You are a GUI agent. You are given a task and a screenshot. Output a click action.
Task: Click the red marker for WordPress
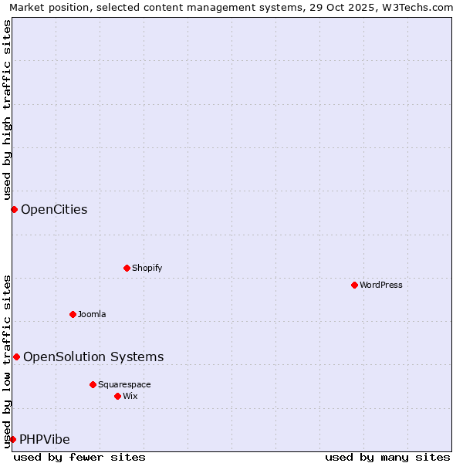coord(354,285)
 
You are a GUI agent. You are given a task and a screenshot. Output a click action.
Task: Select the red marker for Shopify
coord(127,268)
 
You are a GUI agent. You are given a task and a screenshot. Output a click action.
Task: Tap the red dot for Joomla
coord(73,314)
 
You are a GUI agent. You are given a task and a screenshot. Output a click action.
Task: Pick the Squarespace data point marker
coord(93,384)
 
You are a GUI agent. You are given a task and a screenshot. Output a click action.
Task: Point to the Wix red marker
coord(117,396)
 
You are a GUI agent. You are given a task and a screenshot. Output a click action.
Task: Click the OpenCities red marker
coord(14,209)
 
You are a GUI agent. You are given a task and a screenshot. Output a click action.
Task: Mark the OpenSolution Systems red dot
coord(16,357)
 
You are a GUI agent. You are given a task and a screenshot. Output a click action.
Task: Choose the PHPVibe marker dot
coord(12,439)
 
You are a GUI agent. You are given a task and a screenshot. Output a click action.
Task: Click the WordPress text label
coord(381,285)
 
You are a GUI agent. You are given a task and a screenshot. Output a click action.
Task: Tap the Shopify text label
coord(147,268)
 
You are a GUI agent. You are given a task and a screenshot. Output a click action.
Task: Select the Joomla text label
coord(92,314)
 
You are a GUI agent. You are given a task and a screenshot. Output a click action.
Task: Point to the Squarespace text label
coord(124,384)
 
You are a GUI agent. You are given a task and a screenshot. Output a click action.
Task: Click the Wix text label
coord(130,396)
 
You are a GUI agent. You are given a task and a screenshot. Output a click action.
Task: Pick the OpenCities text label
coord(54,209)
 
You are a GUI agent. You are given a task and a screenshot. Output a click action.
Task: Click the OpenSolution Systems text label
coord(93,357)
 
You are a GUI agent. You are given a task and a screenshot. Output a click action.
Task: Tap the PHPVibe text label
coord(45,439)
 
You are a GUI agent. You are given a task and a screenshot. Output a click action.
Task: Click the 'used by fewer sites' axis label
coord(79,457)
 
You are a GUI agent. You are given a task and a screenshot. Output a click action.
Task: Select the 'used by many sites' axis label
coord(387,457)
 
